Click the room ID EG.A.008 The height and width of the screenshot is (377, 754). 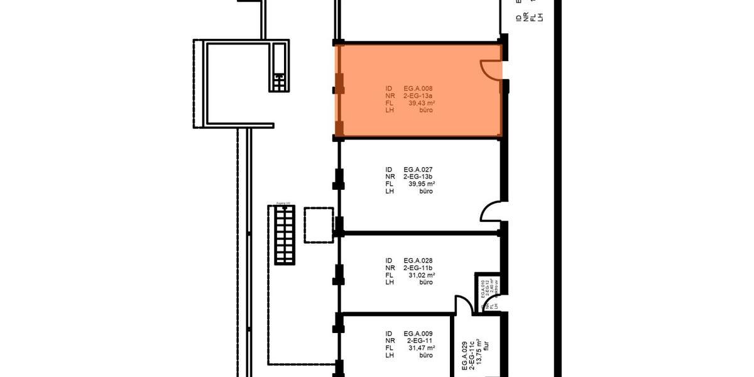coord(418,89)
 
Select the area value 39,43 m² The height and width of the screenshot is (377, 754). coord(422,103)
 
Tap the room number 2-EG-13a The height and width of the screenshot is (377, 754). coord(418,96)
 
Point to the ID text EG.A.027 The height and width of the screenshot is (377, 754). coord(418,170)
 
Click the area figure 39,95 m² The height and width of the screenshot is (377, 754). coord(422,184)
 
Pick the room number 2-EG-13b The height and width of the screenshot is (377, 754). coord(418,177)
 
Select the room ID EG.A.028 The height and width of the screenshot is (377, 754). coord(418,261)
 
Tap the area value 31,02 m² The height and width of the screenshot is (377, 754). coord(422,275)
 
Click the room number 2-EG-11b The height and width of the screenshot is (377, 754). coord(418,268)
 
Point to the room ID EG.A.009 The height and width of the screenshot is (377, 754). coord(418,334)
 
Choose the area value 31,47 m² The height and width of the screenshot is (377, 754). coord(422,348)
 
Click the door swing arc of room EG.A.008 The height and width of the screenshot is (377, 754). coord(489,70)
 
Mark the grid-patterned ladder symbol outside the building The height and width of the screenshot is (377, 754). coord(285,234)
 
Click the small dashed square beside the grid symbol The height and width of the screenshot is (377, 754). coord(318,224)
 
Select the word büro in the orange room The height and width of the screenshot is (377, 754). coord(426,110)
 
